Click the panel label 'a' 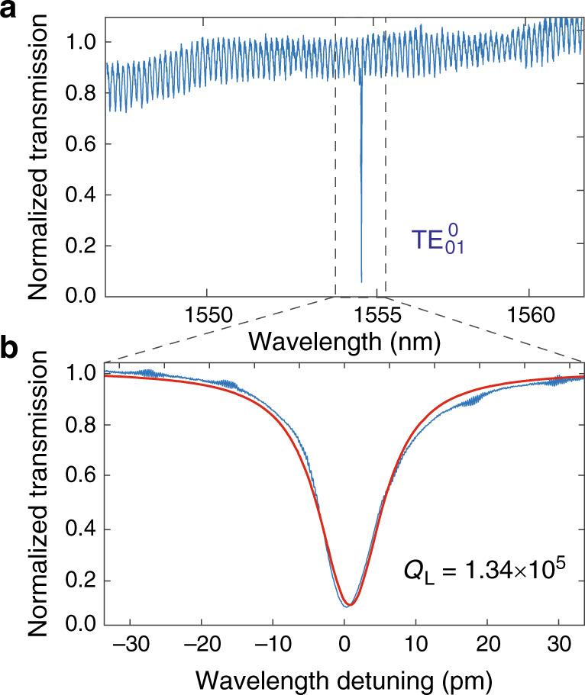pyautogui.click(x=10, y=11)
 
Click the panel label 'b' pyautogui.click(x=10, y=349)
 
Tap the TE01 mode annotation pyautogui.click(x=438, y=240)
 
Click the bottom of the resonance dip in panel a pyautogui.click(x=361, y=281)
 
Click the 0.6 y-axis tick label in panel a pyautogui.click(x=86, y=144)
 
